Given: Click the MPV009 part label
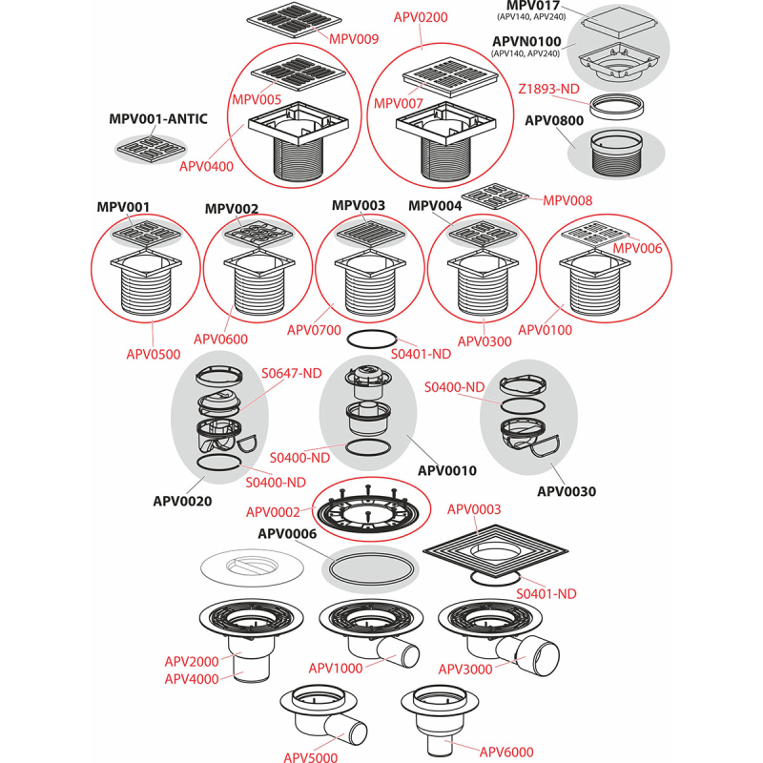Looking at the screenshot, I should click(354, 39).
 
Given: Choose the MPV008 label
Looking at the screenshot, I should click(567, 200).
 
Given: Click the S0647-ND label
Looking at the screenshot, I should click(292, 373).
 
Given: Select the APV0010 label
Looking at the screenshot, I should click(447, 470).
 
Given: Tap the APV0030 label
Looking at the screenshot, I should click(567, 492).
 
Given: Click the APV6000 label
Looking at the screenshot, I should click(505, 751).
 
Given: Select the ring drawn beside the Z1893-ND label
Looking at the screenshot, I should click(617, 104).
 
